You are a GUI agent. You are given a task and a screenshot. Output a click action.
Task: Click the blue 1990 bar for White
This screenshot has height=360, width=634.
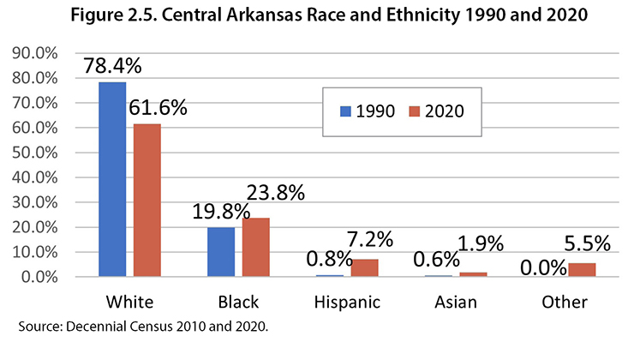click(112, 179)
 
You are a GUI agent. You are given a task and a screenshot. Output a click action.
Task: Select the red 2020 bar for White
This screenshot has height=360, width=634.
click(147, 201)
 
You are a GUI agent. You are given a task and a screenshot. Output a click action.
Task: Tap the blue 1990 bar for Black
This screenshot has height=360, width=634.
click(222, 252)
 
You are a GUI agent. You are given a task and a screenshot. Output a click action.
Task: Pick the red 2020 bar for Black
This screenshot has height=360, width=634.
click(256, 247)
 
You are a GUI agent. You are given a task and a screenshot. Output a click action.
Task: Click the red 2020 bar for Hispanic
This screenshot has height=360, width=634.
click(365, 267)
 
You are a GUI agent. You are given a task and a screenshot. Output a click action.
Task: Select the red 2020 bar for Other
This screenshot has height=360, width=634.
click(582, 270)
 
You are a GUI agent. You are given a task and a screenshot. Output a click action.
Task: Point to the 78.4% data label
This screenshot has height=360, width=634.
click(111, 65)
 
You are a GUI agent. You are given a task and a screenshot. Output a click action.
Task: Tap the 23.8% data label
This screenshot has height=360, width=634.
click(275, 194)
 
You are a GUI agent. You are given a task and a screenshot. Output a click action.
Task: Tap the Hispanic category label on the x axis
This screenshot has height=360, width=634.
click(347, 303)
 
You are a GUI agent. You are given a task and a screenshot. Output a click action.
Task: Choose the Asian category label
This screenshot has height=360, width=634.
click(456, 303)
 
